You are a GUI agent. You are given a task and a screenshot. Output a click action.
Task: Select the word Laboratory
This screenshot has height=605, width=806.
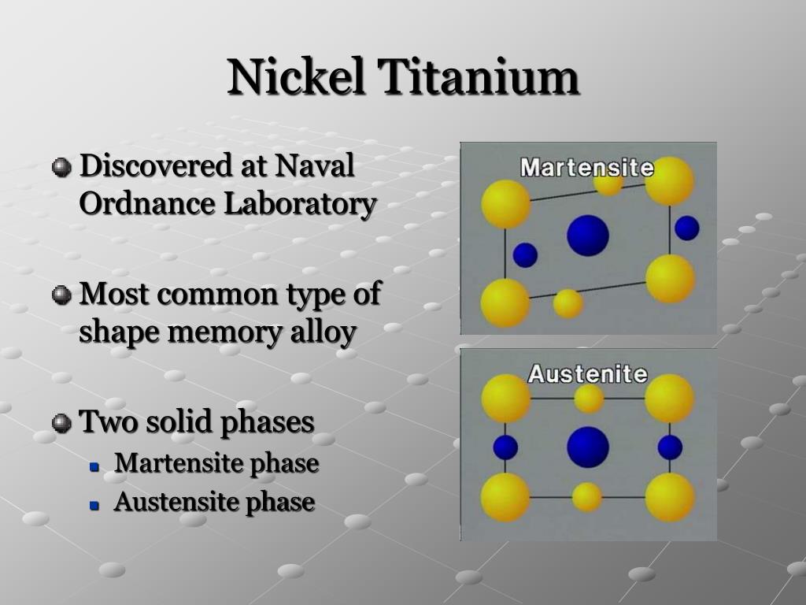(x=300, y=204)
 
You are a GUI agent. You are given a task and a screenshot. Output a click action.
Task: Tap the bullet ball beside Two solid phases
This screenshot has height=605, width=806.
(x=61, y=423)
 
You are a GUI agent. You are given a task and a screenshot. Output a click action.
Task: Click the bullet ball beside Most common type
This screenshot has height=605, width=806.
(x=61, y=295)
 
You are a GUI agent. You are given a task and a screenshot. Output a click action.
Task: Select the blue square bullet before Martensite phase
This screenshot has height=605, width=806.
(x=94, y=466)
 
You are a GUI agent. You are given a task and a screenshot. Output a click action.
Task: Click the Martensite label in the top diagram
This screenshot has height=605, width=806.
(x=587, y=168)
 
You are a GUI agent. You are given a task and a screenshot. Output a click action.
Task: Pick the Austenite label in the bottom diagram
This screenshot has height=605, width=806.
(x=587, y=373)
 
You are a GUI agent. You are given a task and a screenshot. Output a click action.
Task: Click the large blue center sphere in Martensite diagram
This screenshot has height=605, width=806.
(x=587, y=236)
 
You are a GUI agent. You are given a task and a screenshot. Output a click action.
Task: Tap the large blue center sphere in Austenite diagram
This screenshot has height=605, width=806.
(x=587, y=447)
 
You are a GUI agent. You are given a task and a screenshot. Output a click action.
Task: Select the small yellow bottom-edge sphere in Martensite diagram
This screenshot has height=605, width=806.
(x=568, y=303)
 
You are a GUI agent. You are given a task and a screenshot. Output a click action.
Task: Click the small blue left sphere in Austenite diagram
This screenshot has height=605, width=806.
(x=505, y=447)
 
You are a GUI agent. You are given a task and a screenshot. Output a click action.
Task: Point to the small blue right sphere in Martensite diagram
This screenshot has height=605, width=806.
(x=686, y=228)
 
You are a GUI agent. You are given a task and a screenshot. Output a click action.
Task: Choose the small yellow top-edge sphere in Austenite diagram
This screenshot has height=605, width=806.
(x=588, y=399)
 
